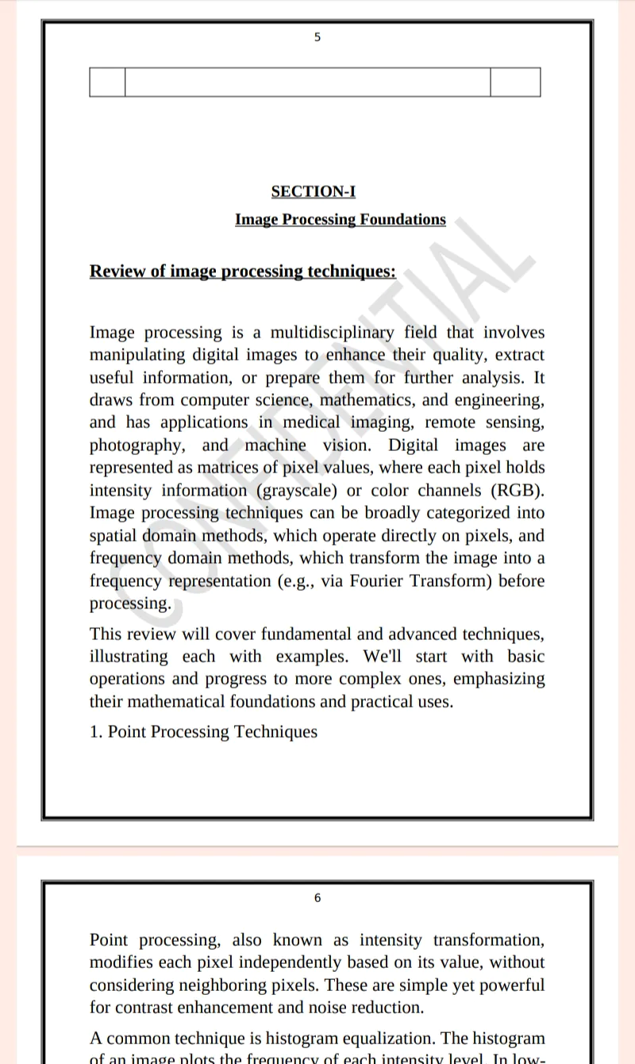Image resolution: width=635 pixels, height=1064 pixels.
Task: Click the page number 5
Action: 317,37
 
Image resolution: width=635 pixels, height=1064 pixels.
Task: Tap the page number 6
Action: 317,898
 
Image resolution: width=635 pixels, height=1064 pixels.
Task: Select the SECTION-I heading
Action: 314,191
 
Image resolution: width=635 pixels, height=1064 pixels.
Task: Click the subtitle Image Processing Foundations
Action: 341,219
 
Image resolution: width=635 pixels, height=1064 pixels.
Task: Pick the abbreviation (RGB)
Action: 518,490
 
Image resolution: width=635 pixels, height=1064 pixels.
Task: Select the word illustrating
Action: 129,657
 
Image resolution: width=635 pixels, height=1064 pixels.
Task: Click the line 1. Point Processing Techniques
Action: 203,731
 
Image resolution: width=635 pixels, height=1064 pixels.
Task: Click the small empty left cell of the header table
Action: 107,83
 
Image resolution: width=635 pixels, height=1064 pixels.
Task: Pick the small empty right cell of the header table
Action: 515,83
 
